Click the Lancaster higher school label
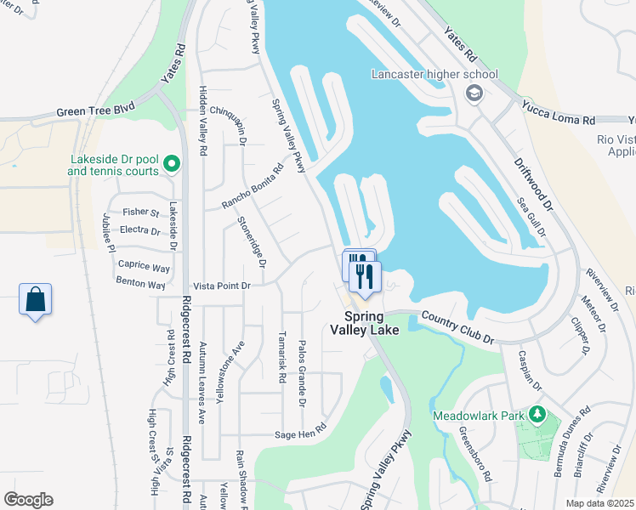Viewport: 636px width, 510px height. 434,74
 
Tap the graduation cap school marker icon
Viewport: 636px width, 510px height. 474,93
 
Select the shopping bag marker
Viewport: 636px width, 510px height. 35,300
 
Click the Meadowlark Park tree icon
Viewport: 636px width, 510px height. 536,414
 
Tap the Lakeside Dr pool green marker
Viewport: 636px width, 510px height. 171,162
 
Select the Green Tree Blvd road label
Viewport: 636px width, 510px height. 96,111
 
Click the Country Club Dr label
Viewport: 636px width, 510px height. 457,327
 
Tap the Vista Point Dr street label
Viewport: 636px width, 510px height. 223,286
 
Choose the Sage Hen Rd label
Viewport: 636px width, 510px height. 300,433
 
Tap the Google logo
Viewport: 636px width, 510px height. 28,500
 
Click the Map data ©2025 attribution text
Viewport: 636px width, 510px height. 599,503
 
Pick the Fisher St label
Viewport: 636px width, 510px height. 141,212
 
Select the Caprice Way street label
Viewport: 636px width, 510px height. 143,267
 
